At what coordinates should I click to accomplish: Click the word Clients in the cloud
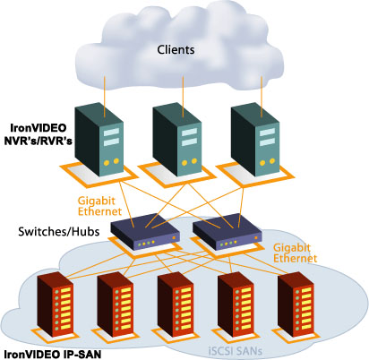point(176,49)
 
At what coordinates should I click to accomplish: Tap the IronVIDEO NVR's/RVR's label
point(38,134)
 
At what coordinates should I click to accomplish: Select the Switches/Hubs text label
point(59,232)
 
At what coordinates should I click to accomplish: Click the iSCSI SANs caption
point(236,350)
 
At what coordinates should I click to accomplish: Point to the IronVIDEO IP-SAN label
point(53,354)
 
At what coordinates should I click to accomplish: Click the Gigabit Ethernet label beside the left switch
point(99,206)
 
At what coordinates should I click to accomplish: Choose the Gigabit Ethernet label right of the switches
point(295,253)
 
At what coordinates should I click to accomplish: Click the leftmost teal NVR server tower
point(99,140)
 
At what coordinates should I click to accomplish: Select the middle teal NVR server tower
point(177,140)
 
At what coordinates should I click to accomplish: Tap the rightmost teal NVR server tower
point(255,140)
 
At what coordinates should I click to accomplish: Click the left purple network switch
point(145,231)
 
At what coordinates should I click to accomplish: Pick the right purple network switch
point(227,231)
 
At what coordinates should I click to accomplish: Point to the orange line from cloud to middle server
point(183,97)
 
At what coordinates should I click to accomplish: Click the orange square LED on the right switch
point(256,238)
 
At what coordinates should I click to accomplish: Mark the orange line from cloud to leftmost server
point(105,97)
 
